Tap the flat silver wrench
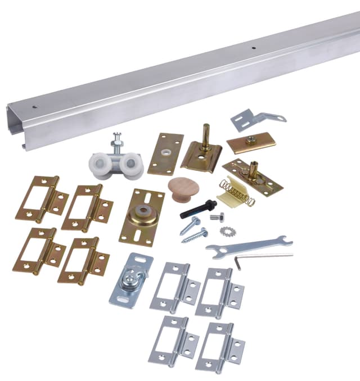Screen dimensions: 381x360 248,245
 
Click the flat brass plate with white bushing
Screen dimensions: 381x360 165,153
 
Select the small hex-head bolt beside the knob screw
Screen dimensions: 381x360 217,217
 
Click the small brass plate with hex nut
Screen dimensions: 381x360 251,142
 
